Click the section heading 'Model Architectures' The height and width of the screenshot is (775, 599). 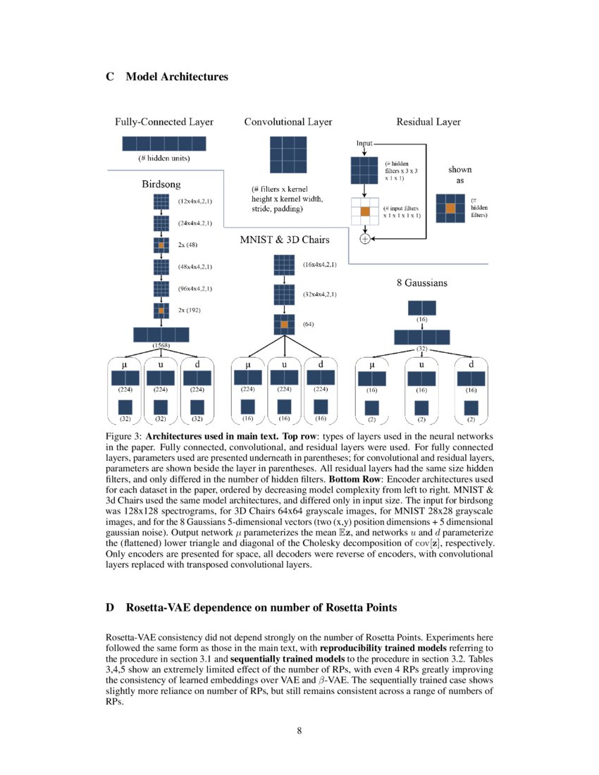176,76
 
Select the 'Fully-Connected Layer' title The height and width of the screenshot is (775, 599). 164,122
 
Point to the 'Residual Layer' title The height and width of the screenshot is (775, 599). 428,122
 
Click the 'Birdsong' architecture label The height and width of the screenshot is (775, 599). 161,185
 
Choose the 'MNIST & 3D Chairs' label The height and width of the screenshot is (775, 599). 284,240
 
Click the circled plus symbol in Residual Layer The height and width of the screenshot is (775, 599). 365,239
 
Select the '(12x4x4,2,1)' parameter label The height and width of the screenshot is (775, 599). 195,202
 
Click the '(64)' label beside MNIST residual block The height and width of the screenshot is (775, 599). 308,325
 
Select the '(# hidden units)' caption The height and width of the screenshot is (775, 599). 163,158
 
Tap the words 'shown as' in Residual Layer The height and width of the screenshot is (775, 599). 460,175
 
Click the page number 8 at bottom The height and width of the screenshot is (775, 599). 299,730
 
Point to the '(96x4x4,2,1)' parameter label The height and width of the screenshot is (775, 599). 195,288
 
